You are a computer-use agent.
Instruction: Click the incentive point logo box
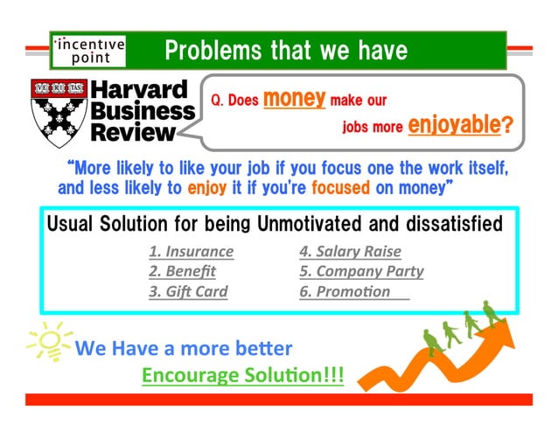click(89, 51)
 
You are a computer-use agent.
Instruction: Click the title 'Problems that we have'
click(286, 50)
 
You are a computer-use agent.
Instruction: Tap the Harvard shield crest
click(59, 110)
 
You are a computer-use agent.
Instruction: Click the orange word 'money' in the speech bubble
click(294, 98)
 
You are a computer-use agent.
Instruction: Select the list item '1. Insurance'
click(191, 251)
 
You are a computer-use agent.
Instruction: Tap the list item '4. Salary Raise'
click(350, 251)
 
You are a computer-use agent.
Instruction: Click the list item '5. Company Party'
click(361, 271)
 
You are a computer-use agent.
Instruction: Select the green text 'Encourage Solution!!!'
click(242, 376)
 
